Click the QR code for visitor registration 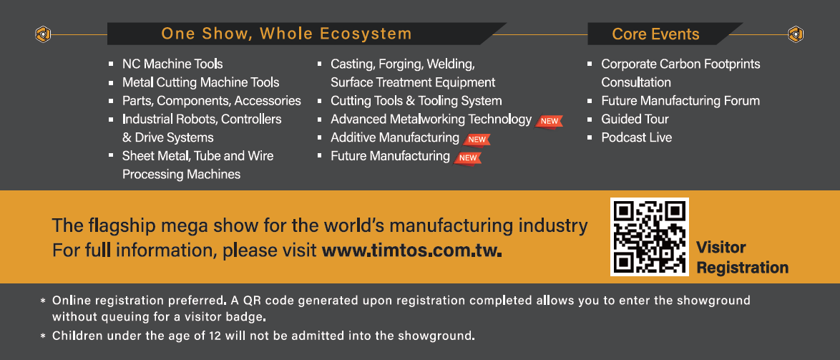pos(649,237)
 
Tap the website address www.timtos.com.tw pos(412,250)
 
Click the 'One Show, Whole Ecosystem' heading pos(287,34)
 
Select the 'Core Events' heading pos(655,34)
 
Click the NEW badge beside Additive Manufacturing pos(477,140)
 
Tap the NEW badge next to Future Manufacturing pos(468,157)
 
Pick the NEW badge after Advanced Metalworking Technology pos(549,121)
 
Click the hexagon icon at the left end pos(44,34)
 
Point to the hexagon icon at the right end pos(796,34)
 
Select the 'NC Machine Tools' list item pos(172,64)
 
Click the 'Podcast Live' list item pos(636,137)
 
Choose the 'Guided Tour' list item pos(635,119)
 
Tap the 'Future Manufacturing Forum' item pos(680,101)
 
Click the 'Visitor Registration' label pos(742,258)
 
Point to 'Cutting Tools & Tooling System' pos(416,101)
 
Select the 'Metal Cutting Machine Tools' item pos(201,82)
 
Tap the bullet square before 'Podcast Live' pos(590,137)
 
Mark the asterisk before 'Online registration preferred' pos(43,301)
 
